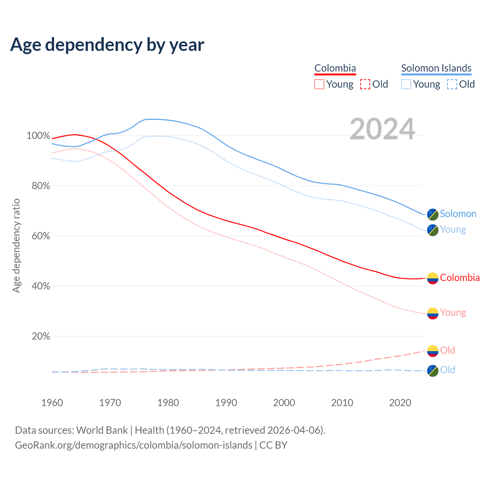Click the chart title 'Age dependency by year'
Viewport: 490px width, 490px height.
(x=107, y=44)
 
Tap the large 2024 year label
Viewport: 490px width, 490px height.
(x=382, y=129)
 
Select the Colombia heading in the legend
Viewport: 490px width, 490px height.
(x=335, y=68)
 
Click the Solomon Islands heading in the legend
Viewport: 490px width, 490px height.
(x=436, y=68)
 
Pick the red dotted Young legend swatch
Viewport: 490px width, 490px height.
(x=319, y=84)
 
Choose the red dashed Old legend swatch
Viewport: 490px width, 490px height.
(x=365, y=84)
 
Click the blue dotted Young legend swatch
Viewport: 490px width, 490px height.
(x=406, y=84)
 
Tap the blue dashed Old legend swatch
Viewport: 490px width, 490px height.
(x=452, y=84)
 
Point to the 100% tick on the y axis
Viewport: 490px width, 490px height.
(x=38, y=136)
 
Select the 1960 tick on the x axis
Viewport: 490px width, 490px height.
(x=52, y=403)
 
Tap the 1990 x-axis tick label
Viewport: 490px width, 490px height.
(x=226, y=403)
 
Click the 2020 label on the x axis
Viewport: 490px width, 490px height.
(x=400, y=403)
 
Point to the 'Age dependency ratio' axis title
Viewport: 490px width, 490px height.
(x=16, y=245)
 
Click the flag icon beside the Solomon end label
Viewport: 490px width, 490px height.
(x=433, y=214)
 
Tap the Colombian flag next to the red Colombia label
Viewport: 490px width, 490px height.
(x=433, y=278)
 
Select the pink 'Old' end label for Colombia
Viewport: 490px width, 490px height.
(x=448, y=350)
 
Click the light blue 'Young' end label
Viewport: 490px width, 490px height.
(x=453, y=229)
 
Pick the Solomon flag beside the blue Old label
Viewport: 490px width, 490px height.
(x=433, y=371)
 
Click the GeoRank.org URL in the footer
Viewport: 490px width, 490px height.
(x=134, y=445)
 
